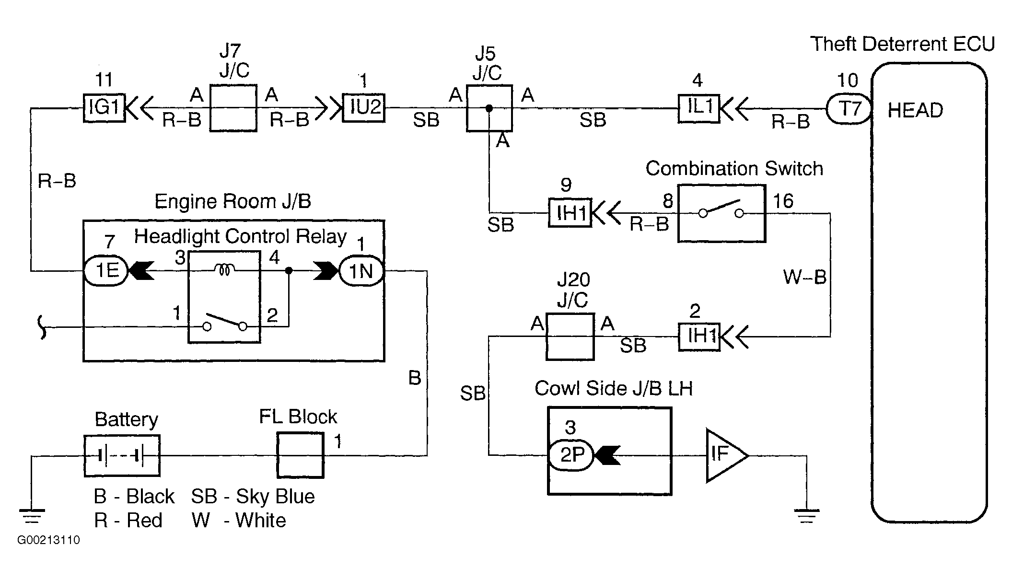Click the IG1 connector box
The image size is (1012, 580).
(x=104, y=108)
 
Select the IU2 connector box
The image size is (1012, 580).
(x=364, y=108)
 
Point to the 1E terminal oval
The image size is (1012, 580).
(x=106, y=271)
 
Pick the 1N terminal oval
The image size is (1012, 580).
(x=361, y=271)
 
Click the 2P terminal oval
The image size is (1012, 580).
(x=570, y=454)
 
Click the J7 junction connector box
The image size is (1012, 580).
(x=233, y=108)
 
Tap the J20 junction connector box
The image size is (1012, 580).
(x=570, y=336)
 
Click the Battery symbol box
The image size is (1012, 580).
(x=122, y=456)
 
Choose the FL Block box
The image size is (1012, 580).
(x=301, y=455)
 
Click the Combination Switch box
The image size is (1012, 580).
(x=721, y=213)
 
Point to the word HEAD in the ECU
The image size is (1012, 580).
(x=915, y=111)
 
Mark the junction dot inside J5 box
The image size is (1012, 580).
(x=489, y=108)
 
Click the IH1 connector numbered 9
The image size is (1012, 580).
(x=570, y=213)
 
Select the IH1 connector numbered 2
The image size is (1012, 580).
(x=699, y=336)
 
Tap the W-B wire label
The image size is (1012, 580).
(x=805, y=277)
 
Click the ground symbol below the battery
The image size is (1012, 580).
(x=32, y=516)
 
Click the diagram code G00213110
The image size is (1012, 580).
(x=48, y=540)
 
